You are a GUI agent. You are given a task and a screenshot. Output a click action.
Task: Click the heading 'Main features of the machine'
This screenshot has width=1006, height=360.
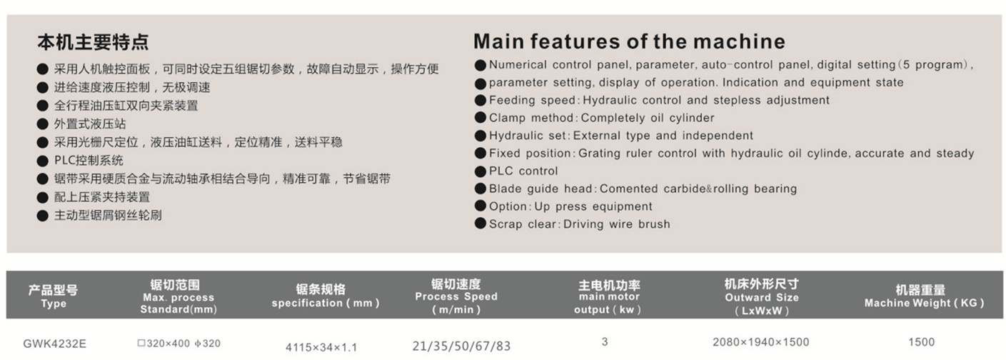629,41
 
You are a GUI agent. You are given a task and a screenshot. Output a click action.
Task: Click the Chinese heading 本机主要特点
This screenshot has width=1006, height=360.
93,42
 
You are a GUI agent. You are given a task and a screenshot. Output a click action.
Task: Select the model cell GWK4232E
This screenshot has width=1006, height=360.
54,344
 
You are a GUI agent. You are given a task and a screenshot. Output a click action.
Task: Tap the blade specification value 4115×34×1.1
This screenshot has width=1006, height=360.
321,347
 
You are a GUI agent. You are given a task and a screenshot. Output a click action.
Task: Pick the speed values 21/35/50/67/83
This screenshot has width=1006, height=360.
462,346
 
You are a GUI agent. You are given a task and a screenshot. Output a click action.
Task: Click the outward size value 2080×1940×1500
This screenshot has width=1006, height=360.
761,342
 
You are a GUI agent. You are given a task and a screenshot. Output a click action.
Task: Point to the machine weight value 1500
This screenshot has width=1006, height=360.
922,342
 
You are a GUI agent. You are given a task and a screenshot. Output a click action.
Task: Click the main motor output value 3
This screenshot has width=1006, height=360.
605,341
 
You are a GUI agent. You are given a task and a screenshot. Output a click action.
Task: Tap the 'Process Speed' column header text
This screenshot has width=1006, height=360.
456,296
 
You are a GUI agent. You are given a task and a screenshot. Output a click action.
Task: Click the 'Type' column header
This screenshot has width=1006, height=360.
54,304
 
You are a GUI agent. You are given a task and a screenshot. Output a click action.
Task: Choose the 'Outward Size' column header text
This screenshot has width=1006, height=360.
762,297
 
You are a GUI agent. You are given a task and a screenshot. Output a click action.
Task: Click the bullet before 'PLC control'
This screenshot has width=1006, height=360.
481,171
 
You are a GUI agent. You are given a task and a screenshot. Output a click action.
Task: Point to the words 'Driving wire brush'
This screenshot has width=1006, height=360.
617,224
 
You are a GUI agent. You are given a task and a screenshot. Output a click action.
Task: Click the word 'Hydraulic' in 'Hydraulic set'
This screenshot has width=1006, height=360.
516,136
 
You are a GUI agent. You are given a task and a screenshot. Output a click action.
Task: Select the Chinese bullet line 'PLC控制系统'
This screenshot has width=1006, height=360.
89,161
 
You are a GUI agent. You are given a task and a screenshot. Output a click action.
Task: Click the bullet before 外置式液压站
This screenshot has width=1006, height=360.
43,124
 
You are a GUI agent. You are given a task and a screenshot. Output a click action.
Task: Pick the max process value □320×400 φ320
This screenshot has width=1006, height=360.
178,344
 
